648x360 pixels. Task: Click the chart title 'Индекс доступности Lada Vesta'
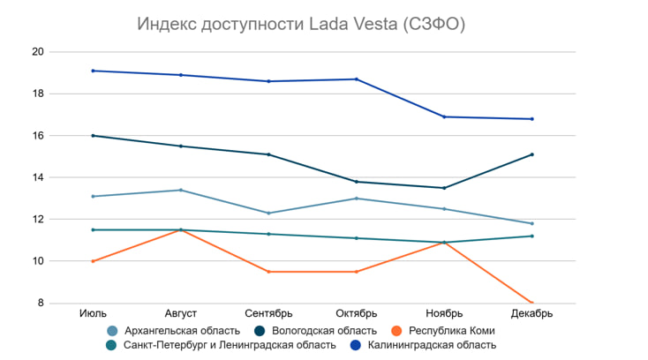pos(301,25)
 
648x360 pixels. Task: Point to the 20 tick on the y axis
pos(37,52)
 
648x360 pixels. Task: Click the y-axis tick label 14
pos(37,177)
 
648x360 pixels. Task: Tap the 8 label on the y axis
pos(40,304)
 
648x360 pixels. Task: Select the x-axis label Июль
pos(93,313)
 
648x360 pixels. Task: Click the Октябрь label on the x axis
pos(357,313)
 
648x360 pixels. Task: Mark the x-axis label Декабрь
pos(531,313)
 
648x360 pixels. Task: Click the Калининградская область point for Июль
pos(93,71)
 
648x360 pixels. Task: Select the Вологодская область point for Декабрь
pos(531,154)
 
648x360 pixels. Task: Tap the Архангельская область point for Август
pos(181,190)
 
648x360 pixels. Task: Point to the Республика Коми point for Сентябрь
pos(268,272)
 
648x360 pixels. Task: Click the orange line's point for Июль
pos(93,261)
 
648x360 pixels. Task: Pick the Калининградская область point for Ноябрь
pos(444,116)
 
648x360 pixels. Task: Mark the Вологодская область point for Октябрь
pos(357,182)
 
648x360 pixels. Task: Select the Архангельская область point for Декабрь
pos(531,223)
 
